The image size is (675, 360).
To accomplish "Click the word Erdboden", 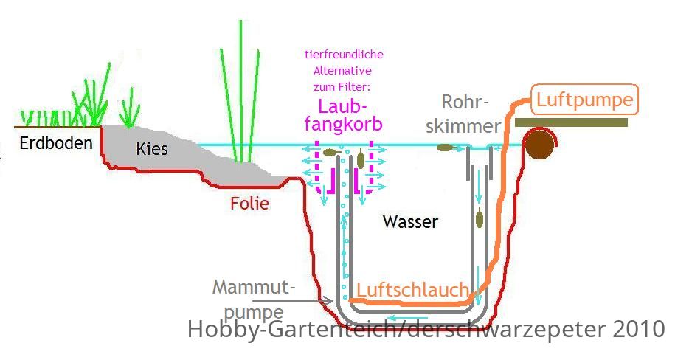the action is [56, 143].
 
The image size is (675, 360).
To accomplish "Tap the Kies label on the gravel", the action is [151, 149].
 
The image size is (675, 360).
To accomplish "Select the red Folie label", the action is [249, 204].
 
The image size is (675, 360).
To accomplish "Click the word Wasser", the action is [410, 222].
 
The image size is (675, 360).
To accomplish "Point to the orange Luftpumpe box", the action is [584, 100].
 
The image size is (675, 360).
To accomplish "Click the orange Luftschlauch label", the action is [413, 290].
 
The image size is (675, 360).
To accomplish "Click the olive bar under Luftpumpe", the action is [571, 122].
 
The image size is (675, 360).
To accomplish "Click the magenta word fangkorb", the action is [343, 124].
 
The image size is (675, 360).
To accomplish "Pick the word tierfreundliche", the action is [344, 55].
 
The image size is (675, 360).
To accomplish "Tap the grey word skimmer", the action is [463, 126].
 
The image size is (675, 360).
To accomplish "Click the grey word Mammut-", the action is [254, 287].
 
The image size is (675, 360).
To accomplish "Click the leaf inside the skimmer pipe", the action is [479, 218].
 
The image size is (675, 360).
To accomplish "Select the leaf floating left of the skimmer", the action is [446, 148].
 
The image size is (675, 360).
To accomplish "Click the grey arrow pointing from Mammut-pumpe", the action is [293, 301].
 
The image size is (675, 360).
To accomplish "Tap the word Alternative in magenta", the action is [343, 71].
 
